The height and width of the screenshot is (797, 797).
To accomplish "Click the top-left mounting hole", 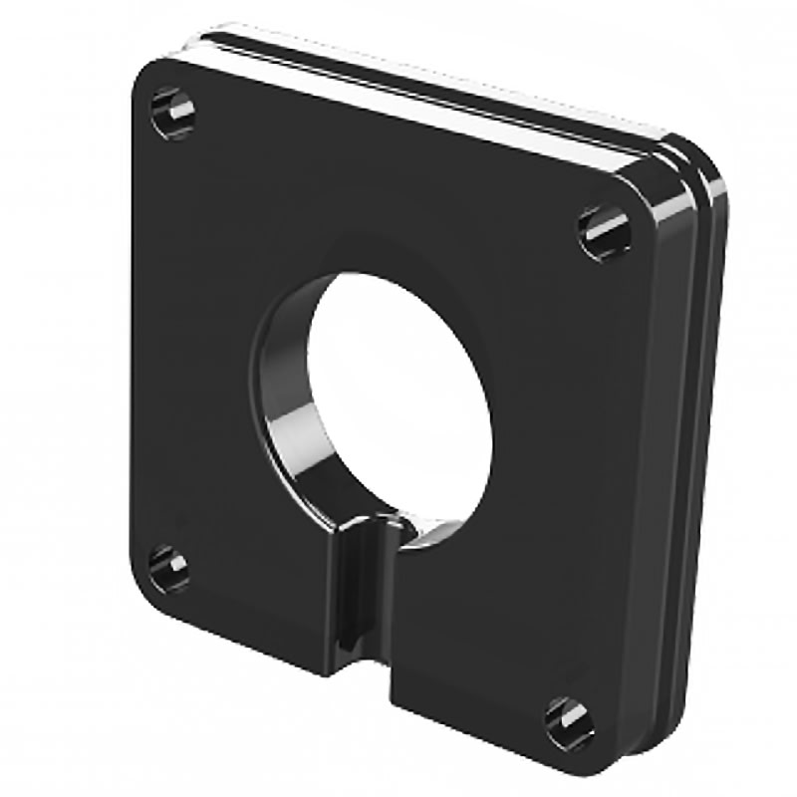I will point(172,113).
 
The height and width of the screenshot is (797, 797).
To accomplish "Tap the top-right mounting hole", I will point(605,232).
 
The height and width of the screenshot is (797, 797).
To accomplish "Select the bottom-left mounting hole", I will point(169,568).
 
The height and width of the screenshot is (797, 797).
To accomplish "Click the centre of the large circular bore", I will point(398,398).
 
